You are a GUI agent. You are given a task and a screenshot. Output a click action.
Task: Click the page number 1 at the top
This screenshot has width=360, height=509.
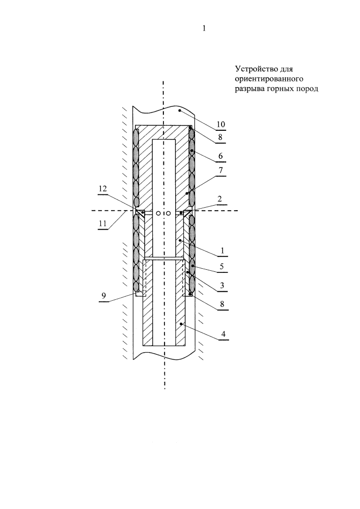[x=204, y=28]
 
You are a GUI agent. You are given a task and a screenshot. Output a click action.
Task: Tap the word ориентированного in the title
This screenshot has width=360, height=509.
[x=269, y=79]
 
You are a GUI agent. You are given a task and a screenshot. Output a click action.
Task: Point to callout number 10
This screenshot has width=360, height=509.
[x=221, y=124]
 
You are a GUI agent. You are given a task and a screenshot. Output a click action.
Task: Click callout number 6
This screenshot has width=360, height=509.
[x=220, y=156]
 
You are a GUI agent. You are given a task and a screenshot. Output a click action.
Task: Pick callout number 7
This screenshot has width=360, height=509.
[x=220, y=171]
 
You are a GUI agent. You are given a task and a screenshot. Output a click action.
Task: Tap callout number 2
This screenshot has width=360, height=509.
[x=220, y=199]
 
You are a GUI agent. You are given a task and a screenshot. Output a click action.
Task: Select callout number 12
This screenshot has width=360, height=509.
[x=103, y=189]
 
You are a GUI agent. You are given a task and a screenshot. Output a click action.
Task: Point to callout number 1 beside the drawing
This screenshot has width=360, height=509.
[x=223, y=250]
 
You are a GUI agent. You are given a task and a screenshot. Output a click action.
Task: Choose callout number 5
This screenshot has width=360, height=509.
[x=221, y=267]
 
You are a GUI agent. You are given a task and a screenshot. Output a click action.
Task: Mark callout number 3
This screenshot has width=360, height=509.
[x=222, y=286]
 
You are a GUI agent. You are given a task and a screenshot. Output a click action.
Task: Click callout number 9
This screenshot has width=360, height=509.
[x=103, y=296]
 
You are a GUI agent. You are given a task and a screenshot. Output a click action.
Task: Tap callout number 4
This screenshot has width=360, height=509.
[x=223, y=334]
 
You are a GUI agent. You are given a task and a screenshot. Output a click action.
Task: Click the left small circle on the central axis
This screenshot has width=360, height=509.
[x=158, y=213]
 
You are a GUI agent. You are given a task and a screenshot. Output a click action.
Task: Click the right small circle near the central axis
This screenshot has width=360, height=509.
[x=168, y=213]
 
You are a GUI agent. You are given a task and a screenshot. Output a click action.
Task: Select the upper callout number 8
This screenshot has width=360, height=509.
[x=220, y=137]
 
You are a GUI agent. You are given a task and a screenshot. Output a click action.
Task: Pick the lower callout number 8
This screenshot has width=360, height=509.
[x=222, y=304]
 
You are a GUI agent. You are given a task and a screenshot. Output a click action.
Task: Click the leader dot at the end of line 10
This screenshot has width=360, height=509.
[x=179, y=110]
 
